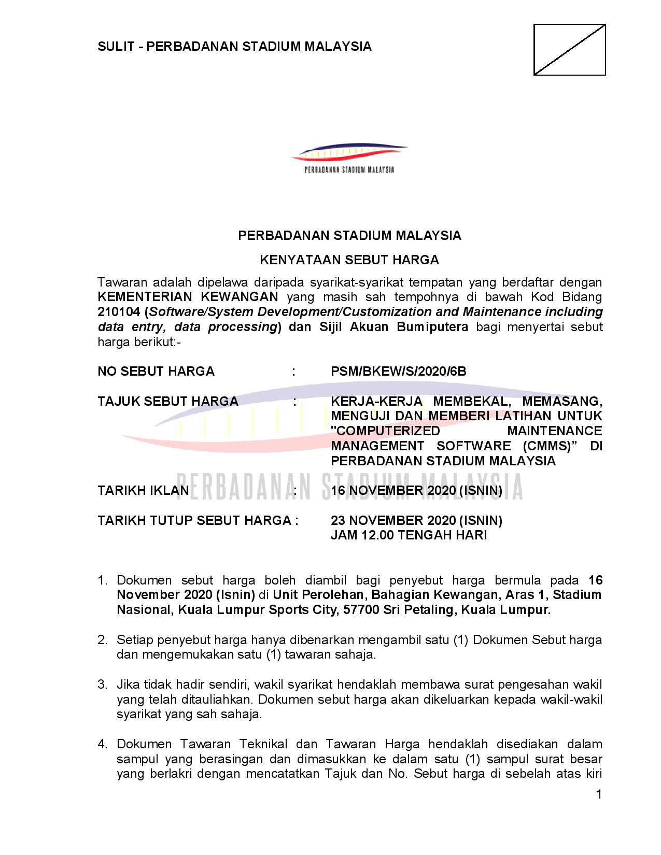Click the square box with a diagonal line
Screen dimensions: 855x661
pyautogui.click(x=569, y=50)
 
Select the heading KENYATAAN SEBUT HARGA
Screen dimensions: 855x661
pyautogui.click(x=349, y=260)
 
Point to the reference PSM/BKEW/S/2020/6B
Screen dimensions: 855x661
pyautogui.click(x=398, y=372)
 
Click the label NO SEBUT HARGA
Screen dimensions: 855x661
pyautogui.click(x=156, y=372)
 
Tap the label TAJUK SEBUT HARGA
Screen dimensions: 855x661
pyautogui.click(x=167, y=402)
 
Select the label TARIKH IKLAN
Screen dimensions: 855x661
pyautogui.click(x=143, y=491)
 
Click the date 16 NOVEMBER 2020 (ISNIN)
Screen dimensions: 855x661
pyautogui.click(x=416, y=491)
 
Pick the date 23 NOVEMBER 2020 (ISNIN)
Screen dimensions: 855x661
pyautogui.click(x=416, y=520)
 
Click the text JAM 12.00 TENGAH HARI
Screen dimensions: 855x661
pyautogui.click(x=409, y=535)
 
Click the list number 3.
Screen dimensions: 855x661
pyautogui.click(x=102, y=685)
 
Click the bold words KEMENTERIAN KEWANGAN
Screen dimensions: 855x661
pyautogui.click(x=188, y=297)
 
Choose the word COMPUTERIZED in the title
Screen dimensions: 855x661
pyautogui.click(x=386, y=431)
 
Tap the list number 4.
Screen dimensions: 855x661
pyautogui.click(x=102, y=745)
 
